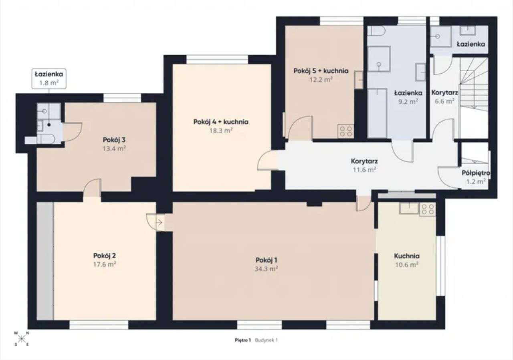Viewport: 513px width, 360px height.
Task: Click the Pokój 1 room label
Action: click(267, 260)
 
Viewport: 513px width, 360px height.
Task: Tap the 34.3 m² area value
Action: click(266, 269)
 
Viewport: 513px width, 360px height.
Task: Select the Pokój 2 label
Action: click(105, 255)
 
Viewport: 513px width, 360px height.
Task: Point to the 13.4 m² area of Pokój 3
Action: click(114, 149)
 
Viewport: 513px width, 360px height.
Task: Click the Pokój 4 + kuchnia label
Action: click(221, 122)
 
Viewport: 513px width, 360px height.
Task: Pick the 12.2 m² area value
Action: click(321, 79)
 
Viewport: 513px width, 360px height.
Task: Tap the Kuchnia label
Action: click(407, 256)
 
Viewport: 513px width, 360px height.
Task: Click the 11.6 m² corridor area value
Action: click(364, 169)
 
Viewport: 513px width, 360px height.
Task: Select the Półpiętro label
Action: click(476, 173)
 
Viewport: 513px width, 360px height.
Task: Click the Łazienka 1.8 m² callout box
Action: click(49, 78)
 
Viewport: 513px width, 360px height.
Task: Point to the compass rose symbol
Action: click(22, 338)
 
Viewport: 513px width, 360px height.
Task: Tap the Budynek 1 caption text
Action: click(266, 340)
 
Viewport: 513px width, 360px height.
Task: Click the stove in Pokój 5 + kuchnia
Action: click(346, 131)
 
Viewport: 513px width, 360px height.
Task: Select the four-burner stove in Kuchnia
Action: click(428, 209)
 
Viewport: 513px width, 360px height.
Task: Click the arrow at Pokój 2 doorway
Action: click(160, 222)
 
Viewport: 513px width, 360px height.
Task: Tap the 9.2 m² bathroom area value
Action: click(408, 101)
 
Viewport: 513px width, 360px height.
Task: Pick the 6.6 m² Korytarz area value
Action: click(445, 101)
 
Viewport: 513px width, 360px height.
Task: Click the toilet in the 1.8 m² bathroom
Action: click(46, 139)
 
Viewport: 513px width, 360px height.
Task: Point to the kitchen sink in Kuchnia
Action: click(410, 208)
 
